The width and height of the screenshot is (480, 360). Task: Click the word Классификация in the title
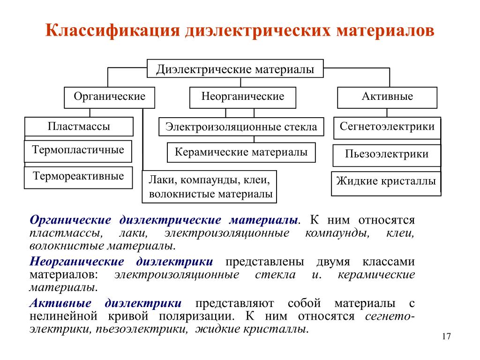[x=112, y=30]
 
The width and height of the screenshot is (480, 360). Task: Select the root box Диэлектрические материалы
[x=235, y=68]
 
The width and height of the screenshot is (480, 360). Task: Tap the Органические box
[x=109, y=97]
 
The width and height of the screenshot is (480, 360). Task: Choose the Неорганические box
[x=243, y=97]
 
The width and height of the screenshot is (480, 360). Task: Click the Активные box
[x=387, y=97]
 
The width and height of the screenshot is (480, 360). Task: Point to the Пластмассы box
[x=79, y=127]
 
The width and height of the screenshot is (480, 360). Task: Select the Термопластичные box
[x=78, y=151]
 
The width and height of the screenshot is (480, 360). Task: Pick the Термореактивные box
[x=78, y=178]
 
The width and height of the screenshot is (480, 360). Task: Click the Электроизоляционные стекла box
[x=241, y=127]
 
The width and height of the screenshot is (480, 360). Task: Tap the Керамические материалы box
[x=241, y=152]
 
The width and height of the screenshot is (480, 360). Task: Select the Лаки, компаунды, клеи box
[x=210, y=187]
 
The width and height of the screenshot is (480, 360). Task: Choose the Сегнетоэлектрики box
[x=387, y=128]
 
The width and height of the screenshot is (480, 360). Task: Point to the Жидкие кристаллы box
[x=386, y=184]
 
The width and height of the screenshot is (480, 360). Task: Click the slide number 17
[x=446, y=337]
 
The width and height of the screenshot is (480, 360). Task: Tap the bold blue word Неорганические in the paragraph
[x=77, y=262]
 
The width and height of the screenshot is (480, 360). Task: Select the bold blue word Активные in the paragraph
[x=60, y=303]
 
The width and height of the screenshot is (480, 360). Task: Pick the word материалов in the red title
[x=385, y=31]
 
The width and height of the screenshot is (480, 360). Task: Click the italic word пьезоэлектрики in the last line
[x=142, y=330]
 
